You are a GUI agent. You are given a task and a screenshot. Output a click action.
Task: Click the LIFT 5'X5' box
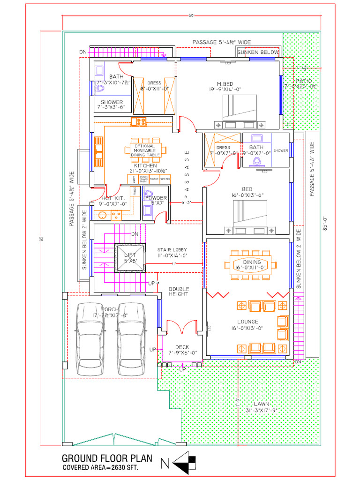point(129,258)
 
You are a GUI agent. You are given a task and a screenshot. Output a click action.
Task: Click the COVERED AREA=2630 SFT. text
point(100,468)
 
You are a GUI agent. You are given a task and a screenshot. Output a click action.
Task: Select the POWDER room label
point(156,198)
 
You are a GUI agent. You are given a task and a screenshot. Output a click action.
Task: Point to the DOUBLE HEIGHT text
point(179,292)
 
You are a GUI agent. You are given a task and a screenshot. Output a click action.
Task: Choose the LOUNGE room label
point(247,322)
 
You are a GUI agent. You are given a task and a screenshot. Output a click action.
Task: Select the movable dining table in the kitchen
point(145,150)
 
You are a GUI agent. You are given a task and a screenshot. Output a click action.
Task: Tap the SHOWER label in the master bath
point(112,102)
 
